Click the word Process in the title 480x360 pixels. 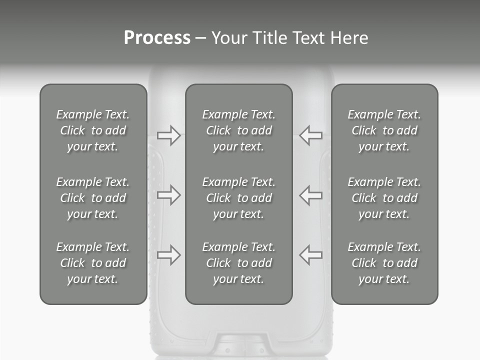(x=157, y=38)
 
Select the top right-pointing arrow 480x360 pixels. (x=168, y=135)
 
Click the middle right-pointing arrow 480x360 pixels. (x=168, y=195)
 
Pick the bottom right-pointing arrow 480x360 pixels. (x=168, y=254)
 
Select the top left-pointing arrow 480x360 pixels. (x=311, y=135)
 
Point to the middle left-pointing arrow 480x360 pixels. (x=311, y=195)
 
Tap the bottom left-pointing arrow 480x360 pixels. (x=311, y=254)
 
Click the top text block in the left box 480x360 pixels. (x=93, y=130)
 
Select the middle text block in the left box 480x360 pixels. (x=93, y=198)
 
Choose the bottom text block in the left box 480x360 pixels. (x=93, y=263)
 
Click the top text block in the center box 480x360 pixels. (x=239, y=130)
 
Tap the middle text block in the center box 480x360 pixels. (x=239, y=198)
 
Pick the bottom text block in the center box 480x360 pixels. (x=239, y=263)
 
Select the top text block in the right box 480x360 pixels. (x=384, y=130)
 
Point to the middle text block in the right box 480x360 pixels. (x=384, y=198)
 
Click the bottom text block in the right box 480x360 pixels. (x=384, y=263)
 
